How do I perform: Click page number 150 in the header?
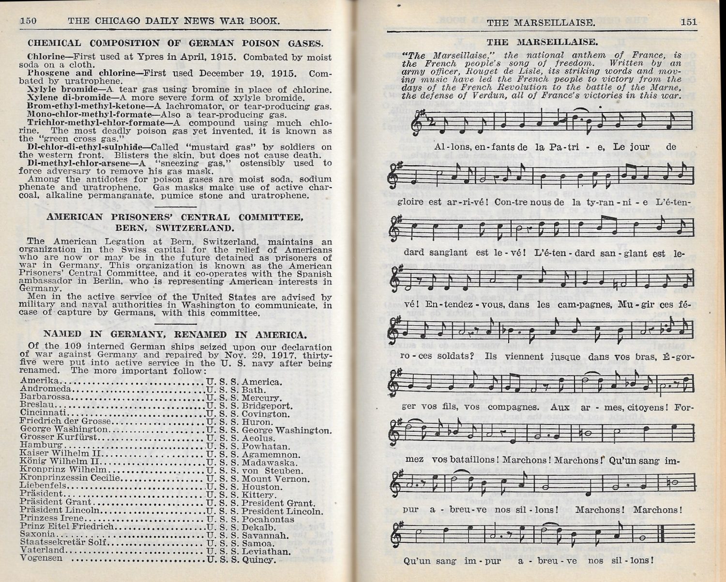click(x=29, y=21)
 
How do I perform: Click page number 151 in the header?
click(x=688, y=22)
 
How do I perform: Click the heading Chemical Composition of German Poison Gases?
click(x=175, y=43)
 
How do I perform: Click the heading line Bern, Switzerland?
click(x=175, y=228)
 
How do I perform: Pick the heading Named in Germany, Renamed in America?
click(x=175, y=334)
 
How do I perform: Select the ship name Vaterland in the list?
click(x=42, y=550)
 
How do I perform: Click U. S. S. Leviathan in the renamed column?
click(x=248, y=551)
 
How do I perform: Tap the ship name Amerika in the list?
click(x=40, y=381)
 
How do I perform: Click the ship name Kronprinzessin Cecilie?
click(x=70, y=478)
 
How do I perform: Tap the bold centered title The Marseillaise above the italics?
click(x=542, y=42)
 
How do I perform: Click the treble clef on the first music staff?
click(x=416, y=124)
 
